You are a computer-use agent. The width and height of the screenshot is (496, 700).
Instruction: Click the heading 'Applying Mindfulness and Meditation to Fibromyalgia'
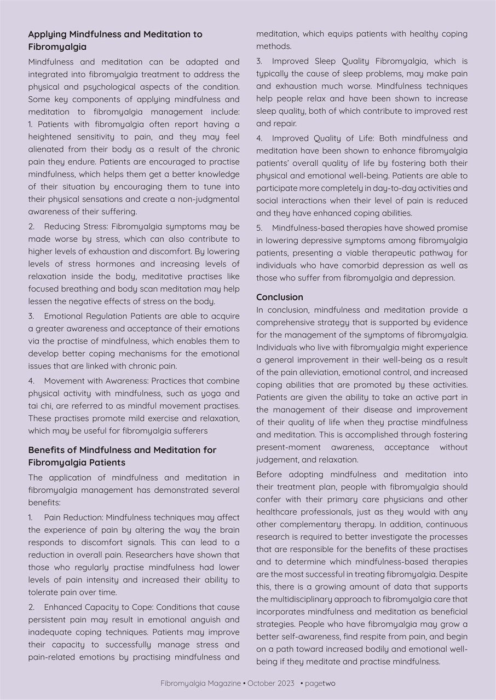115,40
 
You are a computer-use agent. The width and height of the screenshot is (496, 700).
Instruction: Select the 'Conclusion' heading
279,297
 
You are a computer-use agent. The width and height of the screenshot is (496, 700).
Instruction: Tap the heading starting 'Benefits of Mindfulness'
122,456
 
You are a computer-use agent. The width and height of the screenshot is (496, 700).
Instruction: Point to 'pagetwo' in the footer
320,683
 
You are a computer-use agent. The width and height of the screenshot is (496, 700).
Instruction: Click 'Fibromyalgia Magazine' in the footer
200,683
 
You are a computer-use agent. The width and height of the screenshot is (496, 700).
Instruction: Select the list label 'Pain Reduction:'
73,517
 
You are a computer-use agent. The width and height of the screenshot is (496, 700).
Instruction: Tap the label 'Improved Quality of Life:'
324,138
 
